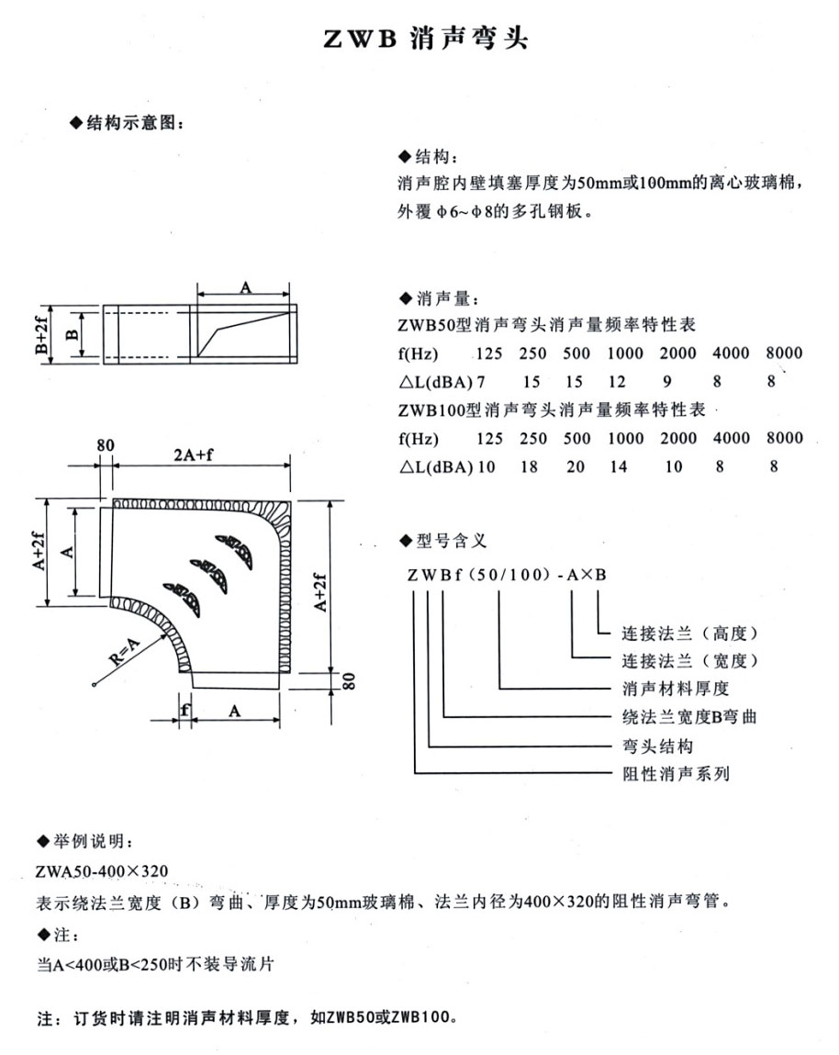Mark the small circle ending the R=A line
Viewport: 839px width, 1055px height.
[x=95, y=683]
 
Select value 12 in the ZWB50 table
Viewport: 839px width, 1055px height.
[x=618, y=381]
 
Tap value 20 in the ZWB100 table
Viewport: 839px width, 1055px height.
[x=576, y=466]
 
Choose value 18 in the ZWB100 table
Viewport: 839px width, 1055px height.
[x=530, y=466]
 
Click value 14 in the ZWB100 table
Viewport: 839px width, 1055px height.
[x=618, y=466]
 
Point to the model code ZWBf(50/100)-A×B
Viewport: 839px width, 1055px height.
[x=500, y=576]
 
